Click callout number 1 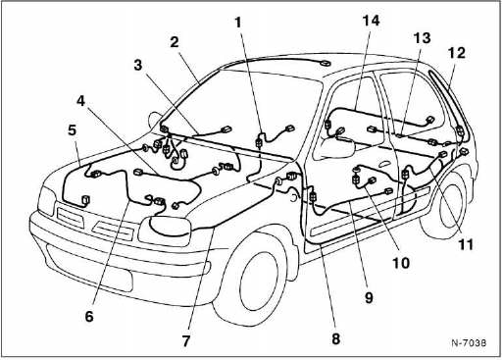point(238,23)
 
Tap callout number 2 point(175,42)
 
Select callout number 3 point(138,65)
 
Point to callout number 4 point(80,101)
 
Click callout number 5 point(72,129)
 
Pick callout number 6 point(89,316)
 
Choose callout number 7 point(186,341)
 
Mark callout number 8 point(336,338)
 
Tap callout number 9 point(369,297)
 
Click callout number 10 point(401,262)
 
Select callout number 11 point(466,244)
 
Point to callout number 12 point(457,53)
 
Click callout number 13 point(422,38)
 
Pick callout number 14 point(371,21)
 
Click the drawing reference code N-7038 point(469,342)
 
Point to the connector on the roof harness point(325,63)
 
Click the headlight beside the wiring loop point(165,231)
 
